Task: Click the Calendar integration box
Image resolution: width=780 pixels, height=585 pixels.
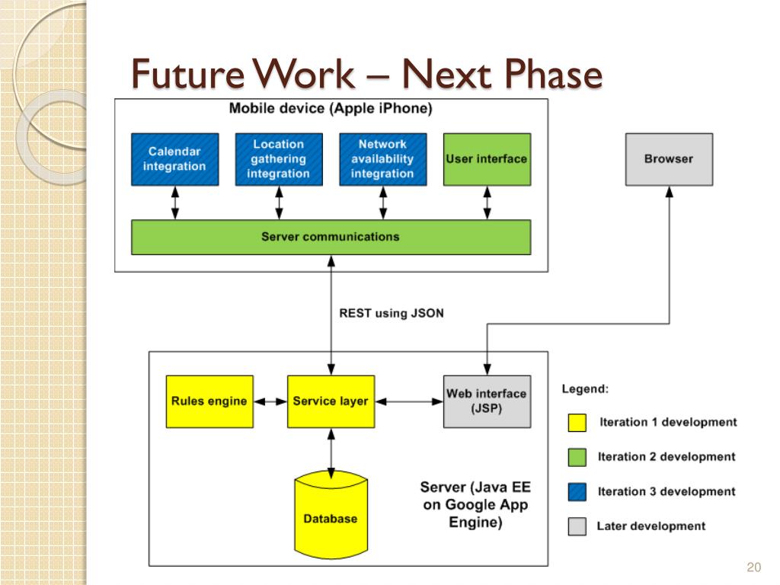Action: click(x=175, y=159)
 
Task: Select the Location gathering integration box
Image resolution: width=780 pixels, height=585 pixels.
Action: click(x=279, y=159)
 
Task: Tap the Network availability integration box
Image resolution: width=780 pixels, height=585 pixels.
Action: click(x=383, y=159)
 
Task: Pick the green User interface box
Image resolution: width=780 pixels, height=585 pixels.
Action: click(x=487, y=159)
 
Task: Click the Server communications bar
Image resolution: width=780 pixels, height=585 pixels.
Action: click(x=331, y=238)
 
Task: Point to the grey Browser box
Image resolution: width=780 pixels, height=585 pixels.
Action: click(x=669, y=159)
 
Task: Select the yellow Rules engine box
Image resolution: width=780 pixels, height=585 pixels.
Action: click(x=209, y=401)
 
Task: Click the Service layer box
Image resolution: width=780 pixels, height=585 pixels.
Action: click(x=331, y=401)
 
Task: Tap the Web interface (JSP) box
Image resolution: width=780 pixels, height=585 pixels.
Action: click(x=487, y=401)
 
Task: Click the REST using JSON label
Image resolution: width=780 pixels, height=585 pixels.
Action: click(x=392, y=313)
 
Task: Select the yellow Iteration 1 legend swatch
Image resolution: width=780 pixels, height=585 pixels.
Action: click(x=577, y=422)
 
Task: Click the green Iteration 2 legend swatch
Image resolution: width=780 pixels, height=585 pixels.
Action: click(x=577, y=457)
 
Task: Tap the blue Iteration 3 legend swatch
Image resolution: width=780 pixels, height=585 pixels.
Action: click(x=577, y=491)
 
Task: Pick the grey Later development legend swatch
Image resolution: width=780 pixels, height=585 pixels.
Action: click(x=577, y=526)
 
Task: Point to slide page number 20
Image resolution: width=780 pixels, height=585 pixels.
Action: click(x=753, y=567)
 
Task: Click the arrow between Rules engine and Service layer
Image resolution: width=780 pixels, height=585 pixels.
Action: click(x=270, y=401)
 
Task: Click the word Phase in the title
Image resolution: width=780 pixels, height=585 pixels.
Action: click(x=553, y=74)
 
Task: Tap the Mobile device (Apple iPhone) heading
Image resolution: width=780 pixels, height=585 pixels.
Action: click(x=331, y=108)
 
